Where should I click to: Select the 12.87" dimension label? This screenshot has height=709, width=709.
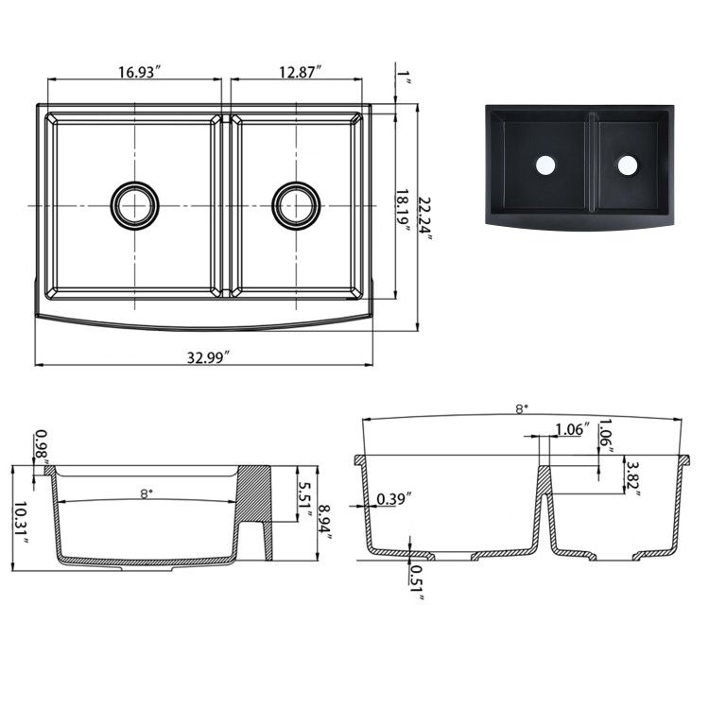[x=301, y=71]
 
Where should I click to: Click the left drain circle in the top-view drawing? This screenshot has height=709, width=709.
[x=135, y=204]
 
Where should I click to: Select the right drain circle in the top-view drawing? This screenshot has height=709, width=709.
[x=297, y=204]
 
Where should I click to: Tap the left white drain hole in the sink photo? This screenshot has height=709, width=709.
[x=545, y=165]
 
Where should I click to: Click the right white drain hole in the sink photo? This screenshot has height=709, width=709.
[x=627, y=164]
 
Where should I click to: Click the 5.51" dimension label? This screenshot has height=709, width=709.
[x=304, y=498]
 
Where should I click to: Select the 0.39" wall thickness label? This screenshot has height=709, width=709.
[x=392, y=499]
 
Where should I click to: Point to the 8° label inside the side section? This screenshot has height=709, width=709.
[x=146, y=493]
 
